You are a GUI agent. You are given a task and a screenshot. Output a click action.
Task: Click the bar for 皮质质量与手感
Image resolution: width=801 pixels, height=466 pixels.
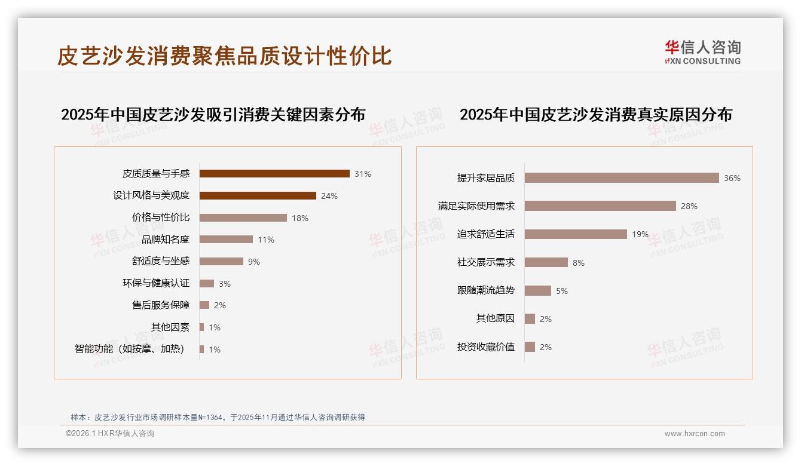click(x=274, y=174)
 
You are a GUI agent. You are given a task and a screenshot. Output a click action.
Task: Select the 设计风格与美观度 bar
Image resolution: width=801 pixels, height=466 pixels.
click(x=258, y=195)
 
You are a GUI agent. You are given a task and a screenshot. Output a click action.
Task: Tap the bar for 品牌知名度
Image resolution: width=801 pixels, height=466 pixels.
click(x=226, y=240)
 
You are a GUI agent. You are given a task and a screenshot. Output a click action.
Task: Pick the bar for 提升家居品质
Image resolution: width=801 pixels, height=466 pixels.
click(x=622, y=178)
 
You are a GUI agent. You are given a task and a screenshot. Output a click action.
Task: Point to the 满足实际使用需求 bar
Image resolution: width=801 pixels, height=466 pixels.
click(x=600, y=206)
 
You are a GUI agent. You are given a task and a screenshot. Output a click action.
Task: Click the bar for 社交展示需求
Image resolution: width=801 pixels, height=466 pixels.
click(x=546, y=262)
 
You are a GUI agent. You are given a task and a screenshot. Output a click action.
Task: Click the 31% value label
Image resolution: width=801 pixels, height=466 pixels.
click(x=363, y=174)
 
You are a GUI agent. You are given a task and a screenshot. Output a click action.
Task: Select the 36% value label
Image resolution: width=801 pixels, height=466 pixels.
click(x=732, y=178)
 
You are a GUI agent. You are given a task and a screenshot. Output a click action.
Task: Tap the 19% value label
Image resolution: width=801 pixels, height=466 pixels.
click(x=640, y=234)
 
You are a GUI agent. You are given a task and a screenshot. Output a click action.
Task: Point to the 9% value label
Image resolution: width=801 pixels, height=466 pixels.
click(x=254, y=262)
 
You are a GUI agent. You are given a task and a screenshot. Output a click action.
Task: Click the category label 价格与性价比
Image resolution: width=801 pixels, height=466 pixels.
click(x=161, y=217)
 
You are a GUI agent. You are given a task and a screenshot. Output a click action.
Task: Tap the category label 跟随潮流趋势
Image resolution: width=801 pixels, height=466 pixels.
click(x=486, y=290)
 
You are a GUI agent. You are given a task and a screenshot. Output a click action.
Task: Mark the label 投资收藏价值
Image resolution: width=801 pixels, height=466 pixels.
click(x=486, y=347)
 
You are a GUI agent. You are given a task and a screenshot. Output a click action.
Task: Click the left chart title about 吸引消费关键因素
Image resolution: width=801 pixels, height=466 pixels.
click(x=213, y=114)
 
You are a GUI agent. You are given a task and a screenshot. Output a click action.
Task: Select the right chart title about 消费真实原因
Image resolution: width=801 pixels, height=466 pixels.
click(x=596, y=114)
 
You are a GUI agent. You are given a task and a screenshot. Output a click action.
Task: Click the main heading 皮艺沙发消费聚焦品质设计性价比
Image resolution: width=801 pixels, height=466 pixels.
click(x=225, y=56)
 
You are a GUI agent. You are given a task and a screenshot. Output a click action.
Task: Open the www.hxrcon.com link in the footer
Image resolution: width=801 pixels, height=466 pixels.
click(x=695, y=434)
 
